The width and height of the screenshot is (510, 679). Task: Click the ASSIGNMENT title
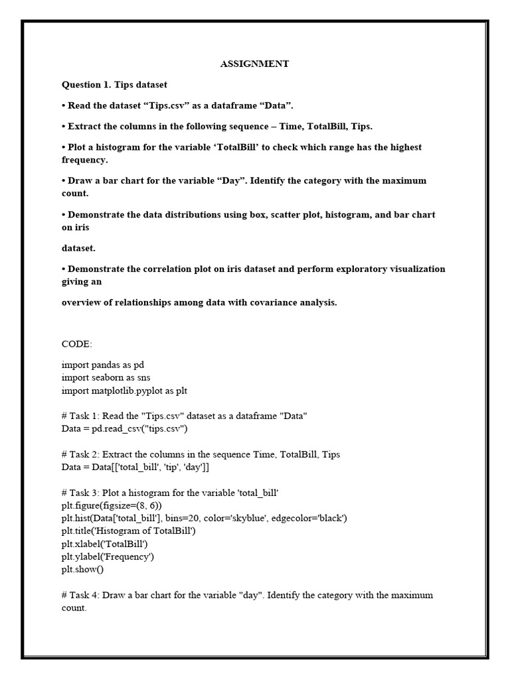pyautogui.click(x=254, y=64)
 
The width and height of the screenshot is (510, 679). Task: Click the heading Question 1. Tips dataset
pyautogui.click(x=114, y=85)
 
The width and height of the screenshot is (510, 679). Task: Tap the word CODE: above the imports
pyautogui.click(x=77, y=345)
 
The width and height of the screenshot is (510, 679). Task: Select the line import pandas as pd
pyautogui.click(x=103, y=365)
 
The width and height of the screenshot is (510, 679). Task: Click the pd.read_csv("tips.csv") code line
pyautogui.click(x=125, y=428)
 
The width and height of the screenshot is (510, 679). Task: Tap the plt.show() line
pyautogui.click(x=83, y=569)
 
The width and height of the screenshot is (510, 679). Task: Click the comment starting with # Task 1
pyautogui.click(x=184, y=416)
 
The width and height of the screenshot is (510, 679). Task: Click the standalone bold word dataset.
pyautogui.click(x=78, y=248)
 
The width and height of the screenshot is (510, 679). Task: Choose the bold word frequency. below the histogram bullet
pyautogui.click(x=84, y=160)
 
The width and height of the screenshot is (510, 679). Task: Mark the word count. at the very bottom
pyautogui.click(x=74, y=607)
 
